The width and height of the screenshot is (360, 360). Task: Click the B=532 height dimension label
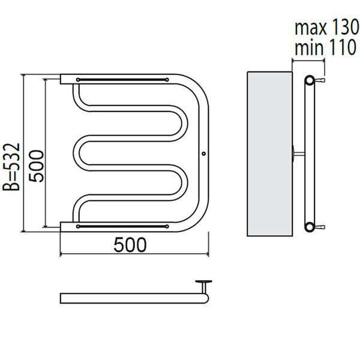tap(11, 167)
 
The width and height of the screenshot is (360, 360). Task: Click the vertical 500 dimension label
tap(36, 166)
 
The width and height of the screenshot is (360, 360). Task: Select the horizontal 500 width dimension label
tap(130, 245)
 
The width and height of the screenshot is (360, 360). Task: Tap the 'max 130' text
tap(327, 27)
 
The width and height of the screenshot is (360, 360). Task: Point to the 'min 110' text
tap(326, 47)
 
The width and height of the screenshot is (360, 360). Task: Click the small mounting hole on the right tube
tap(203, 154)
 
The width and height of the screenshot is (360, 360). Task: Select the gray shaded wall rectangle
tap(269, 154)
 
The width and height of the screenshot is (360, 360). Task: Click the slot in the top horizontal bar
tap(122, 80)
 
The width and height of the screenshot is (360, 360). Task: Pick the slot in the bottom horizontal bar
tap(122, 226)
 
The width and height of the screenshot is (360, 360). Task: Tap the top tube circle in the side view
tap(309, 80)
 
